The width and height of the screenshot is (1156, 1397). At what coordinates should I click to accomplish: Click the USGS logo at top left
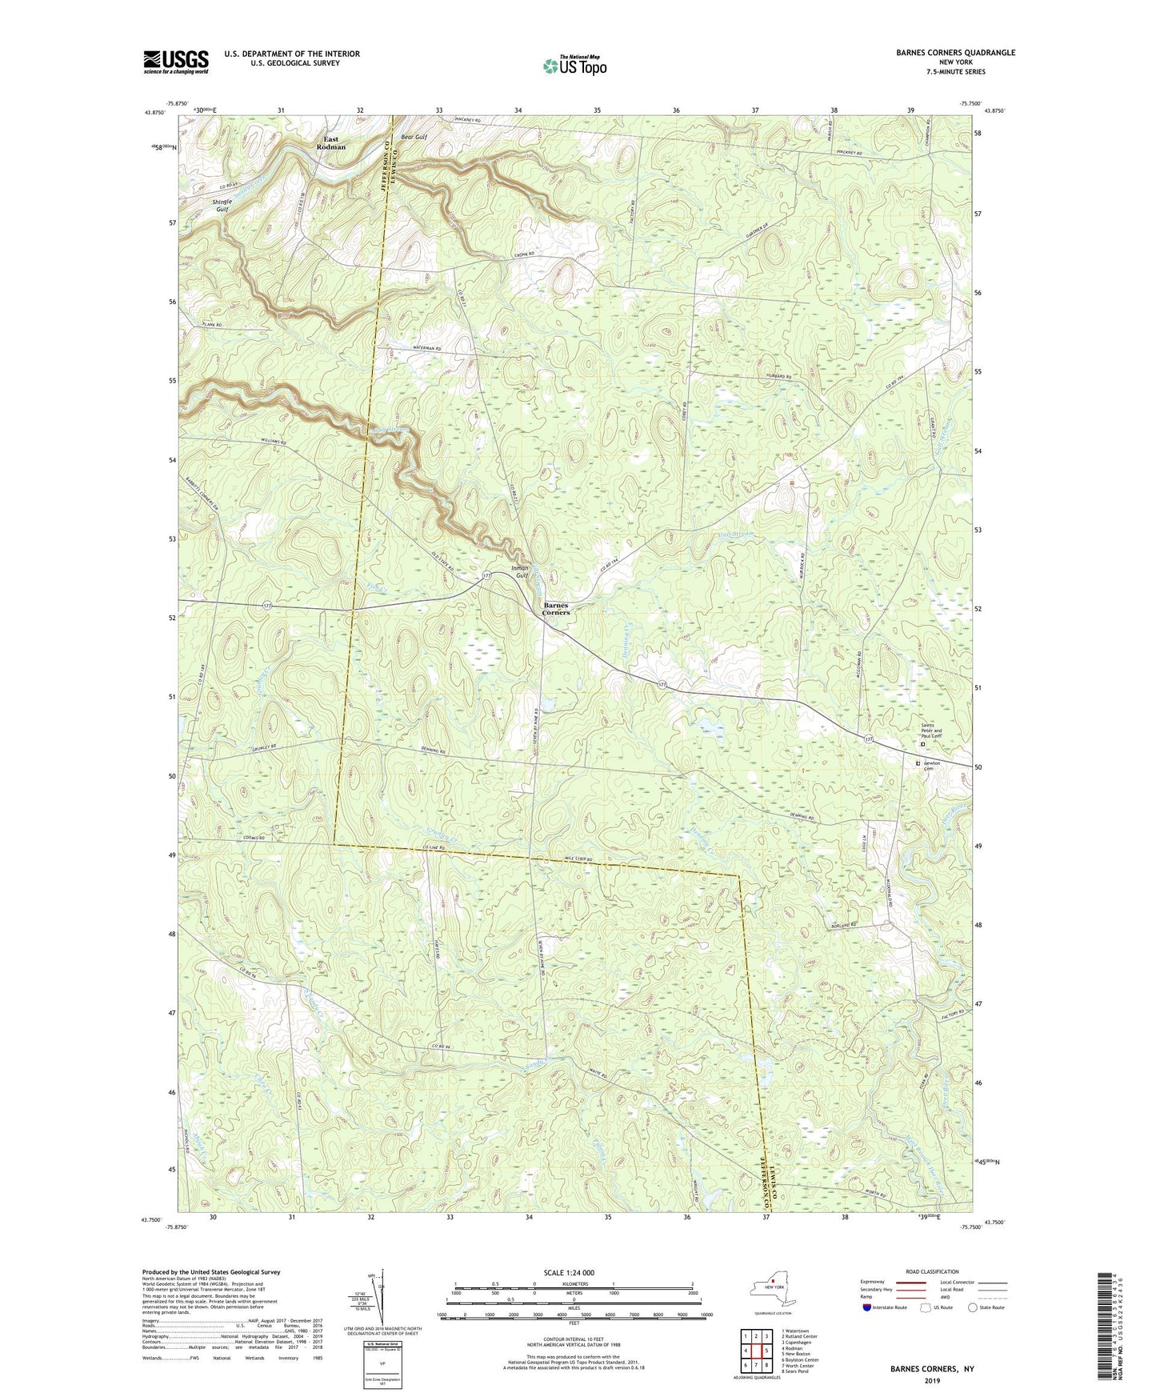176,61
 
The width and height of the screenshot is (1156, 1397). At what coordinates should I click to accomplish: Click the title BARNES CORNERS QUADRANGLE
944,53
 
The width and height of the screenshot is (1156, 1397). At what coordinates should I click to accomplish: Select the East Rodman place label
330,143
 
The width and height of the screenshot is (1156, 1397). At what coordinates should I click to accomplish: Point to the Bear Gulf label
414,138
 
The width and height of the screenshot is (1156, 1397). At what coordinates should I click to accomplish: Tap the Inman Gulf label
521,572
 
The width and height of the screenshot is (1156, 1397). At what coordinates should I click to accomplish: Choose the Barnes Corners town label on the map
556,608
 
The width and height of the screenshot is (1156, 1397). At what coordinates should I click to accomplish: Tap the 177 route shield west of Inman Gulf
486,574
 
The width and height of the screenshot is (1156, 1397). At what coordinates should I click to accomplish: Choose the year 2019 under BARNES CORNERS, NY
932,1380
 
